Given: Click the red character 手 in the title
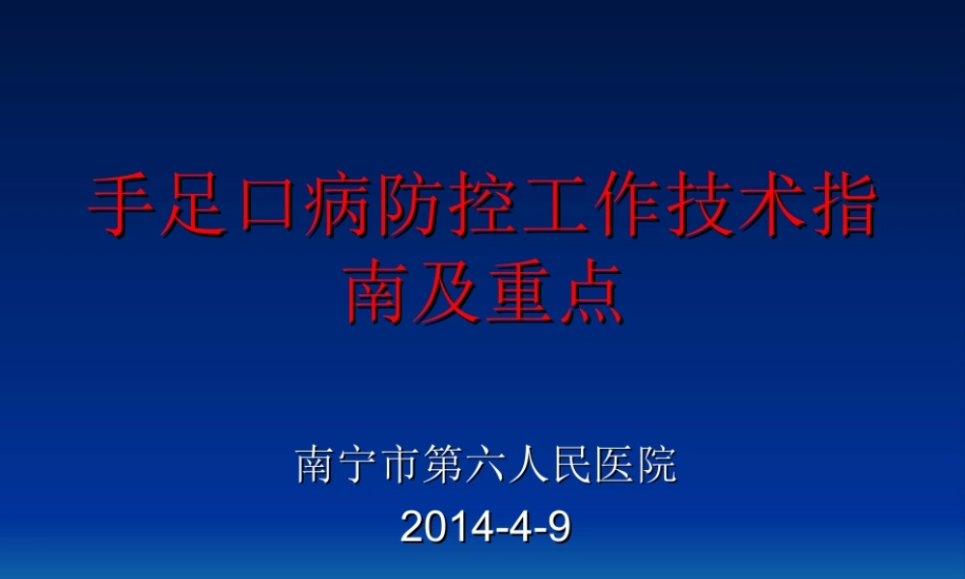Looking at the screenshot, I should coord(125,207).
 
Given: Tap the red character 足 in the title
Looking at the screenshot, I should coord(197,207).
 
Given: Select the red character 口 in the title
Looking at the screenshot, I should coord(268,207).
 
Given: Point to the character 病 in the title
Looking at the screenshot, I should coord(340,207).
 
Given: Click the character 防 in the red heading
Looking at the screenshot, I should coord(411,207).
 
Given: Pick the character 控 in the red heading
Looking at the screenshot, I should coord(482,207).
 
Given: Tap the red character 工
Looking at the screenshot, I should coord(554,207).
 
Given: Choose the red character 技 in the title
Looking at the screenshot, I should coord(697,207).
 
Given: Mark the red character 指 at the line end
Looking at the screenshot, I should coord(840,207).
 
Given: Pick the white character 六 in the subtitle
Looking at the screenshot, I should coord(486,466).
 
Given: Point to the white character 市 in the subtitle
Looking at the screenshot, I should coord(400,466).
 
